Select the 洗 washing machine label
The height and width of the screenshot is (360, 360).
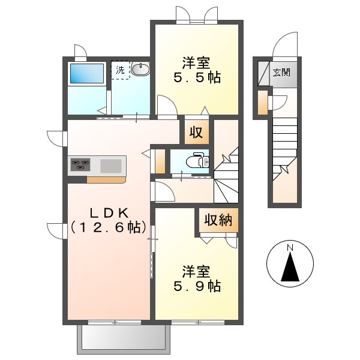(x=121, y=70)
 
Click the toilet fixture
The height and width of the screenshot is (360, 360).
(x=196, y=160)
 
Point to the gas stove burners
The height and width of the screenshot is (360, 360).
(x=80, y=163)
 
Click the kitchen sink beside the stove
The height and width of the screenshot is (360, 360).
(x=110, y=164)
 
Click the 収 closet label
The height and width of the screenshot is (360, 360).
(x=196, y=131)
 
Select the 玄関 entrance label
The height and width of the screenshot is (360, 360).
(x=281, y=73)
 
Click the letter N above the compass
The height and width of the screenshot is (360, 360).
(x=290, y=247)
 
